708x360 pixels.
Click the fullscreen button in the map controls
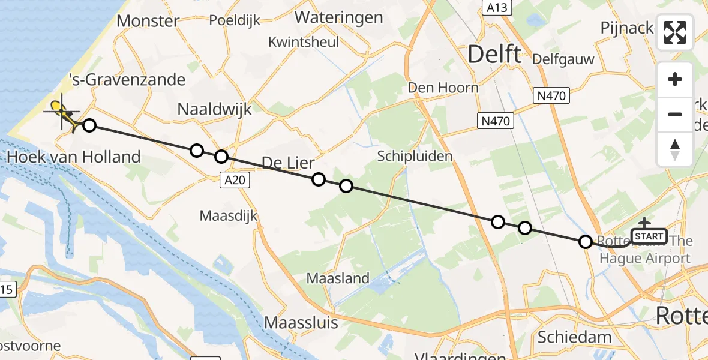pyautogui.click(x=675, y=32)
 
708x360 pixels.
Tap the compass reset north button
pyautogui.click(x=675, y=149)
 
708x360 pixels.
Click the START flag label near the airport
pyautogui.click(x=649, y=236)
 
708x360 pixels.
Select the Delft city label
pyautogui.click(x=494, y=55)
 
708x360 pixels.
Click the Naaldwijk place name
pyautogui.click(x=214, y=109)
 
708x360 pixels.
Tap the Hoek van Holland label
pyautogui.click(x=73, y=157)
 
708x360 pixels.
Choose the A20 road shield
pyautogui.click(x=234, y=180)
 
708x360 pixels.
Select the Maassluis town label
pyautogui.click(x=301, y=323)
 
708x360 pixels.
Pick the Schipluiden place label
pyautogui.click(x=415, y=155)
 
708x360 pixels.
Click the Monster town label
pyautogui.click(x=148, y=21)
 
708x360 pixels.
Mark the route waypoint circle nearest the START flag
pyautogui.click(x=586, y=242)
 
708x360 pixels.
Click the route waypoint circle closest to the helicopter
pyautogui.click(x=89, y=125)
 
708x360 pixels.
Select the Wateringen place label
pyautogui.click(x=338, y=17)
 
